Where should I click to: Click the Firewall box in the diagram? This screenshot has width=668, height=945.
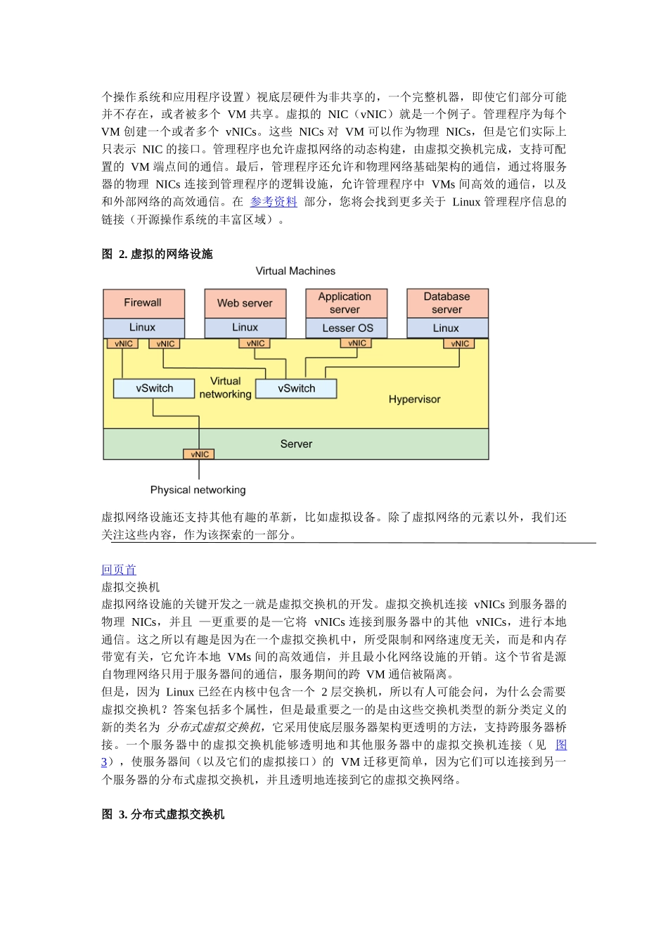point(143,303)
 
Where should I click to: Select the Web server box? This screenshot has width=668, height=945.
point(245,303)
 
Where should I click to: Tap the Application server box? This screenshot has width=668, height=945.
point(345,303)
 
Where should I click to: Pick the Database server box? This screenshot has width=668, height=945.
point(447,303)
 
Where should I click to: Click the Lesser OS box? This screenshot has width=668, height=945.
point(347,328)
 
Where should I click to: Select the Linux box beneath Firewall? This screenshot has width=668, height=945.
point(143,328)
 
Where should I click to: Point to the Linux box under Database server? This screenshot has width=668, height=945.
point(447,328)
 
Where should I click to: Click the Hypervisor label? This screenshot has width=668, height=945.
point(414,399)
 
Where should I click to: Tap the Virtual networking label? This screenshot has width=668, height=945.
point(225,387)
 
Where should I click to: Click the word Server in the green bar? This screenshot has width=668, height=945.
point(296,444)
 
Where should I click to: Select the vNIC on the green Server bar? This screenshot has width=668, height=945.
point(199,454)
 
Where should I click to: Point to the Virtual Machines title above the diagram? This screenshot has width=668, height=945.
point(295,271)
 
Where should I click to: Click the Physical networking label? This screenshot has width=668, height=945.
point(198,490)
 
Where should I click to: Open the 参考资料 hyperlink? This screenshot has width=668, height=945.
point(274,202)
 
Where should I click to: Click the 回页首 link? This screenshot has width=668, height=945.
point(119,570)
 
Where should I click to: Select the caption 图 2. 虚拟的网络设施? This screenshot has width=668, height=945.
point(157,254)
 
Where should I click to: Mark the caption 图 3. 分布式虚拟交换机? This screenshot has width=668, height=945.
point(163,814)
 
